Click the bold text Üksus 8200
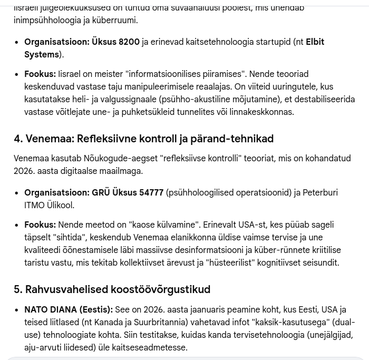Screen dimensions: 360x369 (115, 42)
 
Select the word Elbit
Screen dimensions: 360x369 (315, 42)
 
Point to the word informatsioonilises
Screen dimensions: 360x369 (169, 74)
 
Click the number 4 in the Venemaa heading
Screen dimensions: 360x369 (18, 139)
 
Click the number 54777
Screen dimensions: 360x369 (151, 193)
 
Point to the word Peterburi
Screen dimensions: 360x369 (320, 193)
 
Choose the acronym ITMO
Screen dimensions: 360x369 (35, 206)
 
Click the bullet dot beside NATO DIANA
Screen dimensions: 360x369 (17, 310)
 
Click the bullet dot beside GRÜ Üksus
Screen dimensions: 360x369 (17, 193)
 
